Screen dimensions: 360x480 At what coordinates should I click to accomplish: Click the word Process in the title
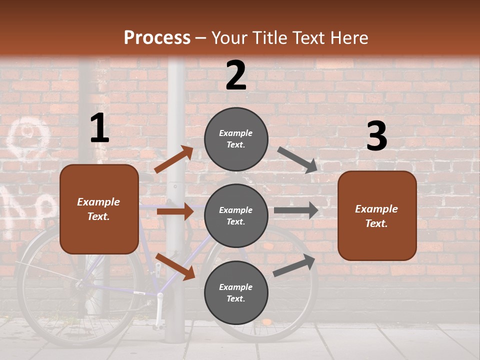coord(157,37)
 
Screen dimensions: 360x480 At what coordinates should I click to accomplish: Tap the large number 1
coord(99,128)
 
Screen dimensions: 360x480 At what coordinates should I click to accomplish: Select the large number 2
coord(236,75)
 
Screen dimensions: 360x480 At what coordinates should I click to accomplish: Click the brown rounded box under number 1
coord(99,209)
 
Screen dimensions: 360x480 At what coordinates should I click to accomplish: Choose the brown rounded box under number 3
coord(377,216)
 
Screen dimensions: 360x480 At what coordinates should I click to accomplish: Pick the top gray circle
coord(236,139)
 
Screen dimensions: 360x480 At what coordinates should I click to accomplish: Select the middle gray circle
coord(236,215)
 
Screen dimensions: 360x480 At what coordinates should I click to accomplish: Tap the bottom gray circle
coord(236,292)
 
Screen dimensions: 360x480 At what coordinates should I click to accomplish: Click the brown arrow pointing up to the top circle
coord(174,159)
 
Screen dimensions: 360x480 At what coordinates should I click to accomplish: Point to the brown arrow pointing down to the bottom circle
coord(175,266)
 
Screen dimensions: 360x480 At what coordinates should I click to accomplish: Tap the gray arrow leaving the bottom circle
coord(294,265)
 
